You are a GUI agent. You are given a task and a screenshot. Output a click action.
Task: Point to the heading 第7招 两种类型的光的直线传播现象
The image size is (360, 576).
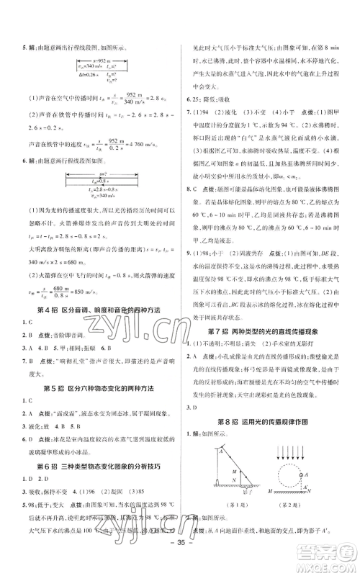pos(268,310)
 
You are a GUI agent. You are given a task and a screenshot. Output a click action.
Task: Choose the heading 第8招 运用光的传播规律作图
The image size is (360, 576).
pos(268,399)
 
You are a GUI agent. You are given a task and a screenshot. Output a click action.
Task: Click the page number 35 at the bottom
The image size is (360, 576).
pos(180,557)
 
